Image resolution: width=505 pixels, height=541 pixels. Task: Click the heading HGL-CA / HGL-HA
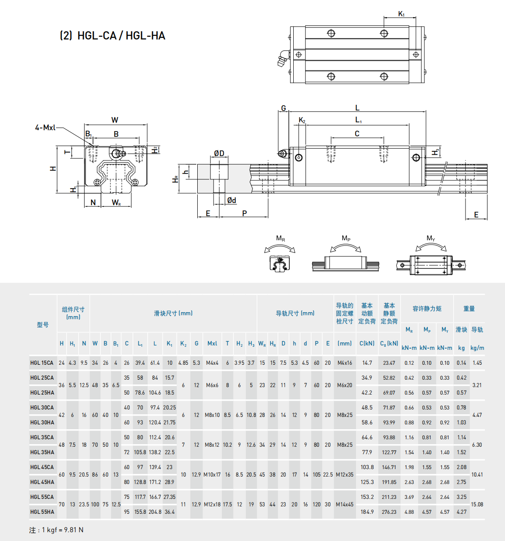point(112,36)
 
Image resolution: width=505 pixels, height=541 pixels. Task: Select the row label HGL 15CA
point(42,363)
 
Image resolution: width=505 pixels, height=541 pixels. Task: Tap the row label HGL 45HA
point(42,482)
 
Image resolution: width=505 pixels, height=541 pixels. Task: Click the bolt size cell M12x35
point(345,474)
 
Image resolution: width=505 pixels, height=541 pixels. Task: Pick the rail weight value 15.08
point(477,504)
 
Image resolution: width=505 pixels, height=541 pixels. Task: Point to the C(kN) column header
point(367,343)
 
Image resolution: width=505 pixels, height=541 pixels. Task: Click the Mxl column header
point(212,343)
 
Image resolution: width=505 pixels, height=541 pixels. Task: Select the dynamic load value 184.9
point(367,512)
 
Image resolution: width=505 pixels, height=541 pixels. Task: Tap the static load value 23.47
point(389,363)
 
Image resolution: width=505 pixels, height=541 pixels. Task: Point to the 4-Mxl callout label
point(45,128)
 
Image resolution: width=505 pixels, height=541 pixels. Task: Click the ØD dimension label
point(219,153)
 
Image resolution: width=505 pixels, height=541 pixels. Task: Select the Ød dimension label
point(231,200)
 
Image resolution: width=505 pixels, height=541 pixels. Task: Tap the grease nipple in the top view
point(283,58)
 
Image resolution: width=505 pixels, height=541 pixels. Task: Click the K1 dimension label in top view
point(401,14)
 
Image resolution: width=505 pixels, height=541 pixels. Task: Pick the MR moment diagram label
point(281,238)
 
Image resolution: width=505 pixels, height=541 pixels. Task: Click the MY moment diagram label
point(431,238)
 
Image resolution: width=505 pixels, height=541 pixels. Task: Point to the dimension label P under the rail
point(245,213)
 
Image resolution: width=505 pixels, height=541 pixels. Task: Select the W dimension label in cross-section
point(114,120)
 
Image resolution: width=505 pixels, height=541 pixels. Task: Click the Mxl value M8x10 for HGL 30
point(212,415)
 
